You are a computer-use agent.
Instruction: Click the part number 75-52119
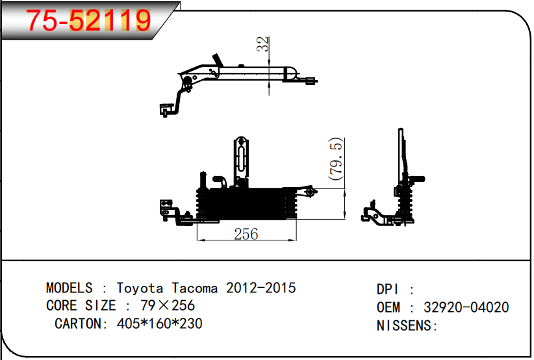(88, 21)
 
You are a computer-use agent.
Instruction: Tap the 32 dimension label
(262, 44)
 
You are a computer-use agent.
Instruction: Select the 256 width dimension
(246, 234)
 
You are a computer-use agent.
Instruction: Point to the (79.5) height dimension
(335, 159)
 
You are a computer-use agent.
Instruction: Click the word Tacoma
(196, 288)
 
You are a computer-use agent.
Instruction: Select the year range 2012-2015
(261, 288)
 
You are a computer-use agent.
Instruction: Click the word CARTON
(77, 323)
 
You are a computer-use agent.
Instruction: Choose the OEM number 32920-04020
(466, 307)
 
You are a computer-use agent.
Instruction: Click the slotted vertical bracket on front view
(241, 159)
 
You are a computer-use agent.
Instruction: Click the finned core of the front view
(247, 205)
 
